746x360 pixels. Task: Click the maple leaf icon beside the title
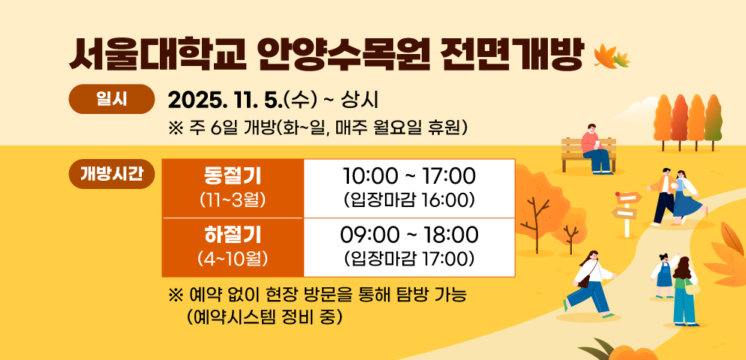pyautogui.click(x=611, y=55)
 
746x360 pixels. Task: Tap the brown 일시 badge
pyautogui.click(x=110, y=99)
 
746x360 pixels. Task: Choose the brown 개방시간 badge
pyautogui.click(x=112, y=174)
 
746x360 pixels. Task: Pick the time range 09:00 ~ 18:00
pyautogui.click(x=409, y=235)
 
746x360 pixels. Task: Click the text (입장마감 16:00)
pyautogui.click(x=409, y=200)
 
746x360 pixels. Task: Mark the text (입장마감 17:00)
pyautogui.click(x=409, y=259)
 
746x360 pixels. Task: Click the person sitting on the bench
pyautogui.click(x=597, y=148)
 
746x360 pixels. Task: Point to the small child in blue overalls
pyautogui.click(x=663, y=275)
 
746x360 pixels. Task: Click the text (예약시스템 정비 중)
pyautogui.click(x=267, y=316)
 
